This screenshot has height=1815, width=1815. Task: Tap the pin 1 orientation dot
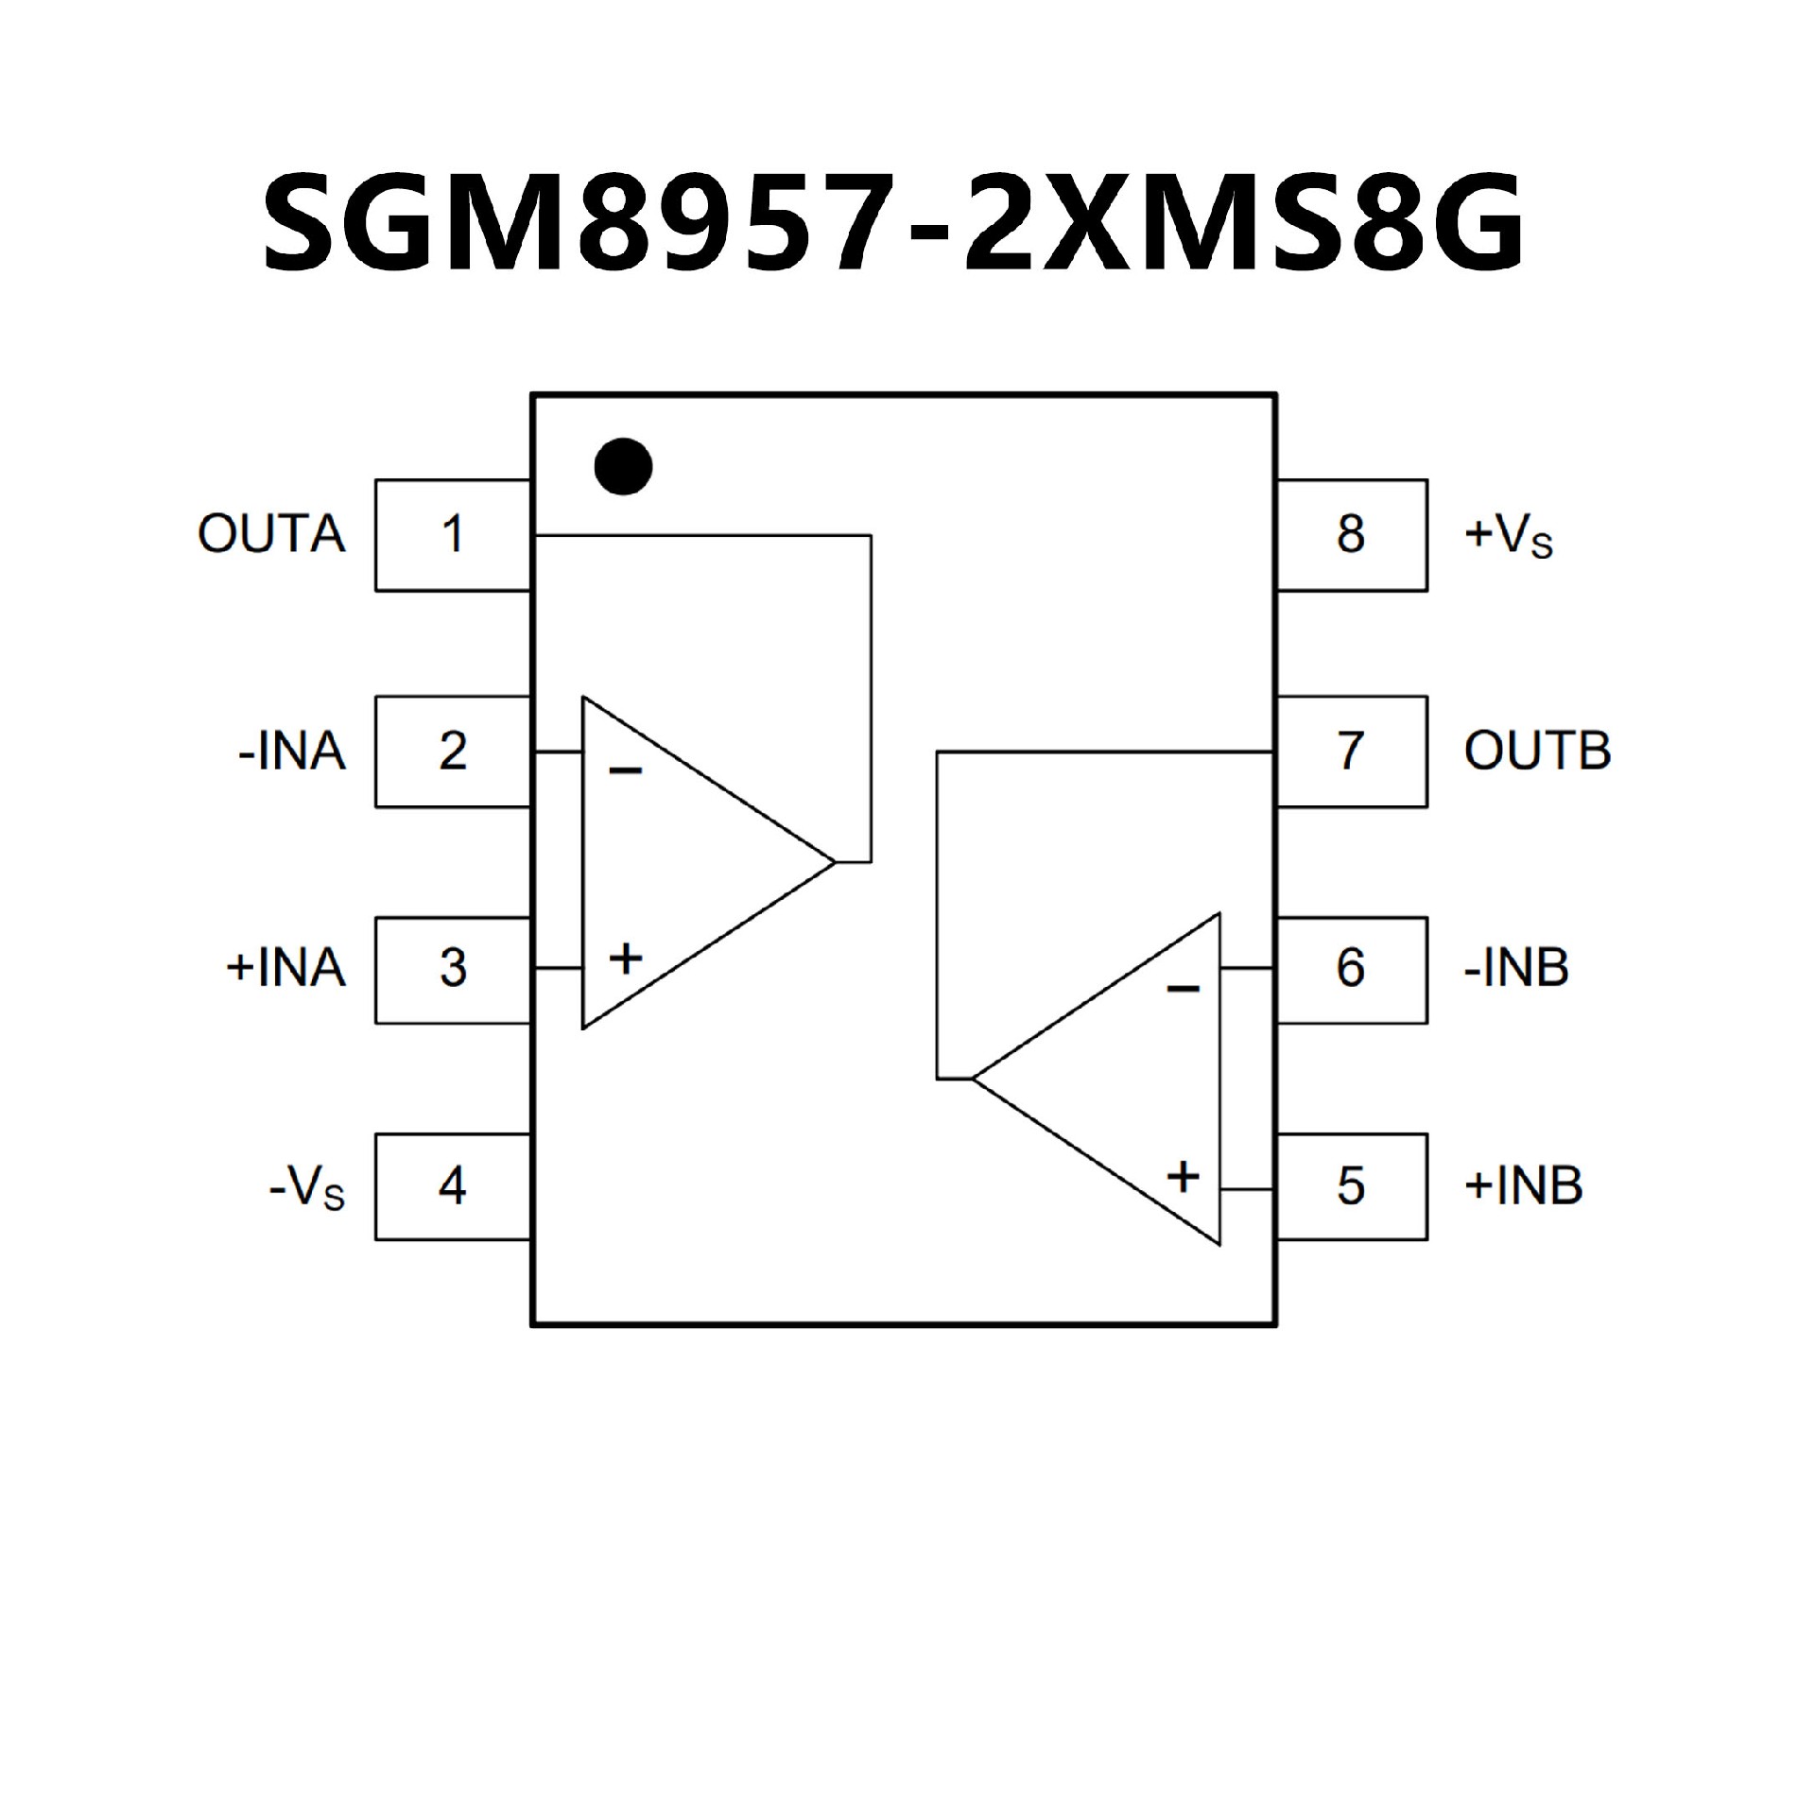pos(623,466)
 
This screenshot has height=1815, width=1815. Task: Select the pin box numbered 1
pos(453,535)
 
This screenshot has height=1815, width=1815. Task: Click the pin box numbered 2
pos(453,752)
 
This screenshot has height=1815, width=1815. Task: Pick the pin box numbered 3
pos(453,969)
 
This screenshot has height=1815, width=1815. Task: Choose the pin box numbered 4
pos(453,1185)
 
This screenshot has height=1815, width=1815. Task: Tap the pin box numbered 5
pos(1351,1185)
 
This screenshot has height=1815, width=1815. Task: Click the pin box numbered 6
pos(1351,969)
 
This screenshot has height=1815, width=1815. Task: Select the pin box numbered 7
pos(1351,752)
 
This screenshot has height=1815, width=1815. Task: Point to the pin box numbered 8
pos(1351,535)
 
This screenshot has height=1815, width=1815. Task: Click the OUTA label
pos(271,535)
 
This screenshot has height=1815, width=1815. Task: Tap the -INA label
pos(292,752)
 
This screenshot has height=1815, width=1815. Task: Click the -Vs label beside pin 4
pos(307,1188)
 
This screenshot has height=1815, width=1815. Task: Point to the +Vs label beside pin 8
pos(1508,537)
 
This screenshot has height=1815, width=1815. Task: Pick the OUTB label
pos(1537,752)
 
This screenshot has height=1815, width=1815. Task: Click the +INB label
pos(1523,1185)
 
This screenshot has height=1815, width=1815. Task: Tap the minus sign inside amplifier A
pos(625,772)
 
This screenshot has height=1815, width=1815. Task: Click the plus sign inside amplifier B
pos(1183,1177)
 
